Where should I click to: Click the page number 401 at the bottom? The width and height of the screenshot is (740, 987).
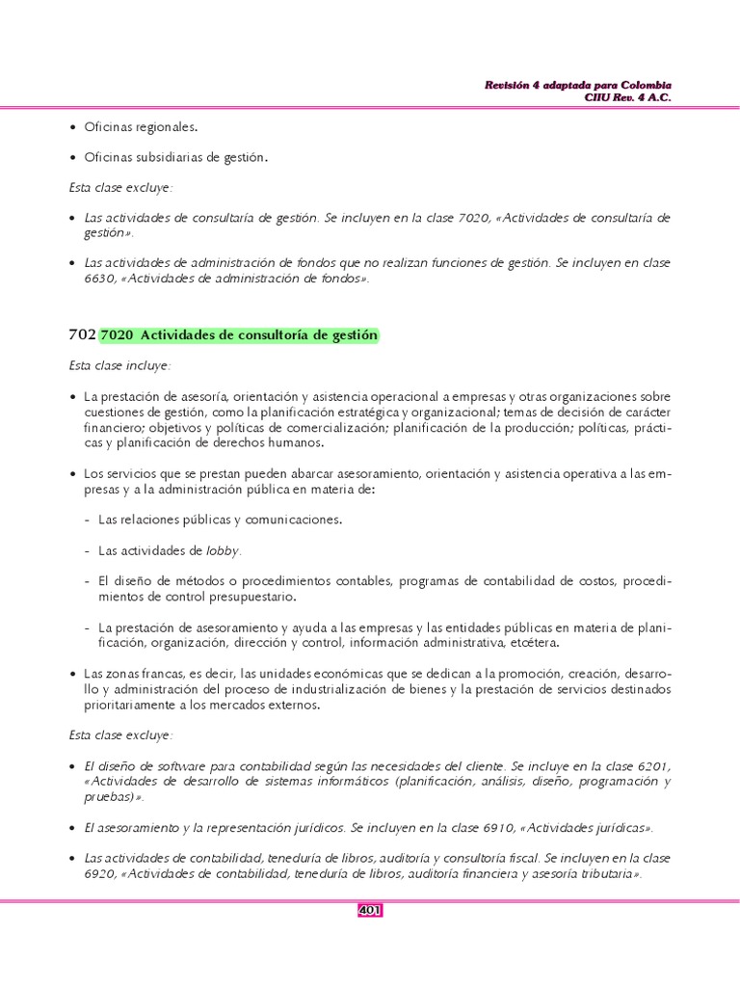pos(370,910)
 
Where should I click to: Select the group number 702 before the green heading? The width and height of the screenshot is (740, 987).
pos(82,334)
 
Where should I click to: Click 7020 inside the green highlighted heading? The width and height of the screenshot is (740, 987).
pos(117,335)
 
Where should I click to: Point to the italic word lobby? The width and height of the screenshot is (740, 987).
pos(224,550)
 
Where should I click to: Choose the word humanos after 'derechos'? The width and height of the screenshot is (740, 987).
pos(295,442)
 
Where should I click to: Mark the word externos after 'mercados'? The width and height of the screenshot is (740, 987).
pos(285,705)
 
